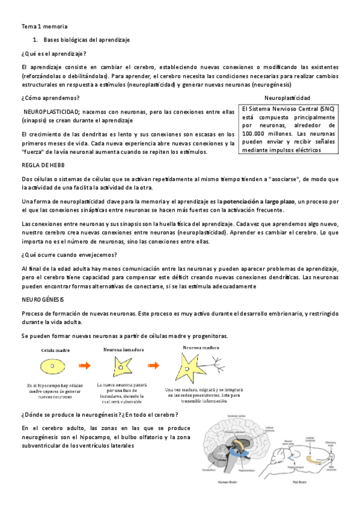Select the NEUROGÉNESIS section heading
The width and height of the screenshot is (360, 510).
pyautogui.click(x=43, y=299)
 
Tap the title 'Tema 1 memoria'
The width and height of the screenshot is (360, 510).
pyautogui.click(x=44, y=27)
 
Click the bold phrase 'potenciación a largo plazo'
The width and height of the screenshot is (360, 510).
pyautogui.click(x=259, y=200)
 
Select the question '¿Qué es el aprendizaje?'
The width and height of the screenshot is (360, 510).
pyautogui.click(x=53, y=54)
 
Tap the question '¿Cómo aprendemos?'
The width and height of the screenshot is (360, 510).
pyautogui.click(x=49, y=97)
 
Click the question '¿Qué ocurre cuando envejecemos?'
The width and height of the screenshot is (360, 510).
pyautogui.click(x=69, y=255)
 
